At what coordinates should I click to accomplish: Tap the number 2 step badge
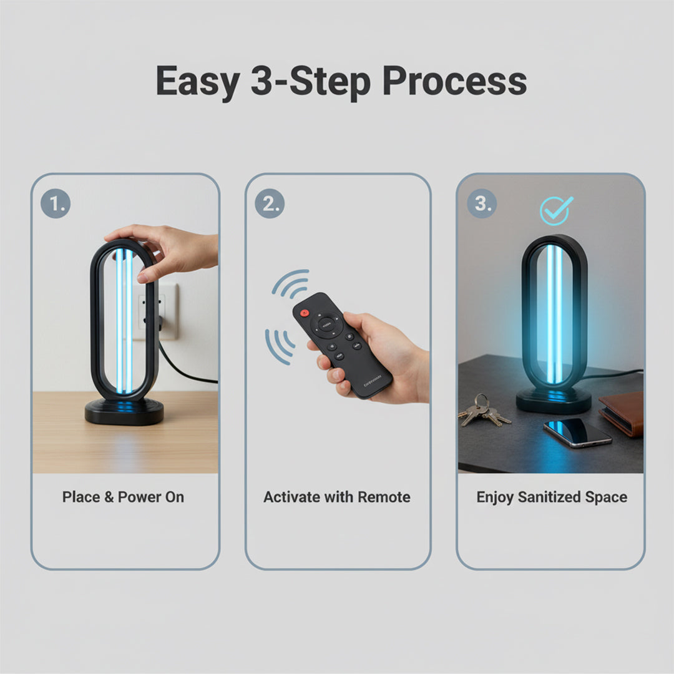(x=270, y=203)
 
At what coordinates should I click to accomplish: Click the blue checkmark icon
(x=556, y=210)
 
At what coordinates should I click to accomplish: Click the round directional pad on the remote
(x=326, y=325)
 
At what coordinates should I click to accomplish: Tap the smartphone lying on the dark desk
(x=576, y=431)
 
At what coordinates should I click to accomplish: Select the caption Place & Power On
(x=124, y=497)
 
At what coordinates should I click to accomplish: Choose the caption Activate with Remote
(x=337, y=497)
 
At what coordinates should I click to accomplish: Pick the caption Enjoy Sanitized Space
(x=552, y=497)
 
